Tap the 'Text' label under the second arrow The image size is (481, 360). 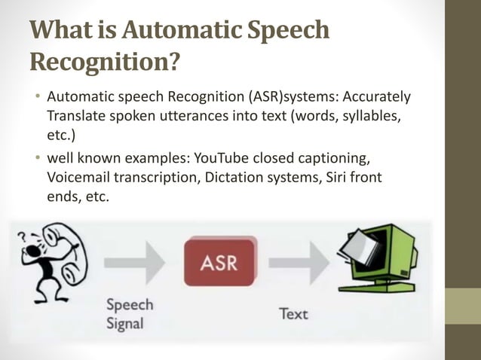click(x=293, y=313)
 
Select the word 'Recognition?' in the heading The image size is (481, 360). click(x=106, y=63)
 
